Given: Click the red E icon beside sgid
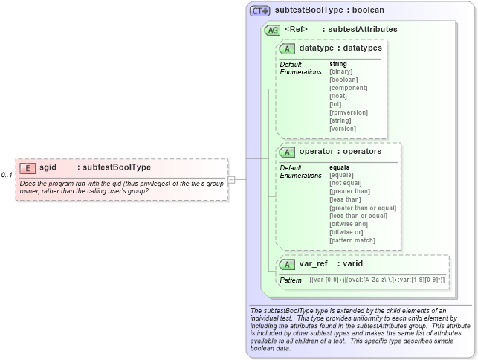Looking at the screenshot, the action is pos(27,168).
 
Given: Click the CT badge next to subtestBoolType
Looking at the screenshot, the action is pos(259,11).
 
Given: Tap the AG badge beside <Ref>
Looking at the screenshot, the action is pos(273,30).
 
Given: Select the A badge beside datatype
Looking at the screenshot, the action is pos(287,48).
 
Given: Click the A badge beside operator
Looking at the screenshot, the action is pos(287,152).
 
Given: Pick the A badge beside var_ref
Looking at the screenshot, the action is pos(287,264).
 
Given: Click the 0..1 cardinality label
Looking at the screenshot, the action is pos(7,175).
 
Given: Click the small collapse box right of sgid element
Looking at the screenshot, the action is pos(231,179).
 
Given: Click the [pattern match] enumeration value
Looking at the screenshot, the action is pos(352,240).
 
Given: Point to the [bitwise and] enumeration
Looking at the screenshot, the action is pos(349,224).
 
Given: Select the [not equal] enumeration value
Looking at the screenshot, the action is pos(346,183).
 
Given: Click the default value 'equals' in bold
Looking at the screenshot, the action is pos(340,167).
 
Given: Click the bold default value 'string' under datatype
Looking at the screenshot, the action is pos(338,64).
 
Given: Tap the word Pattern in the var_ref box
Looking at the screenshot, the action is pos(290,280).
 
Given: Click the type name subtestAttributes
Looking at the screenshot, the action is pos(362,30).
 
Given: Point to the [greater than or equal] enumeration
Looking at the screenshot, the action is pos(363,208).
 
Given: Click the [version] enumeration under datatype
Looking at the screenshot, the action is pos(342,129).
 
